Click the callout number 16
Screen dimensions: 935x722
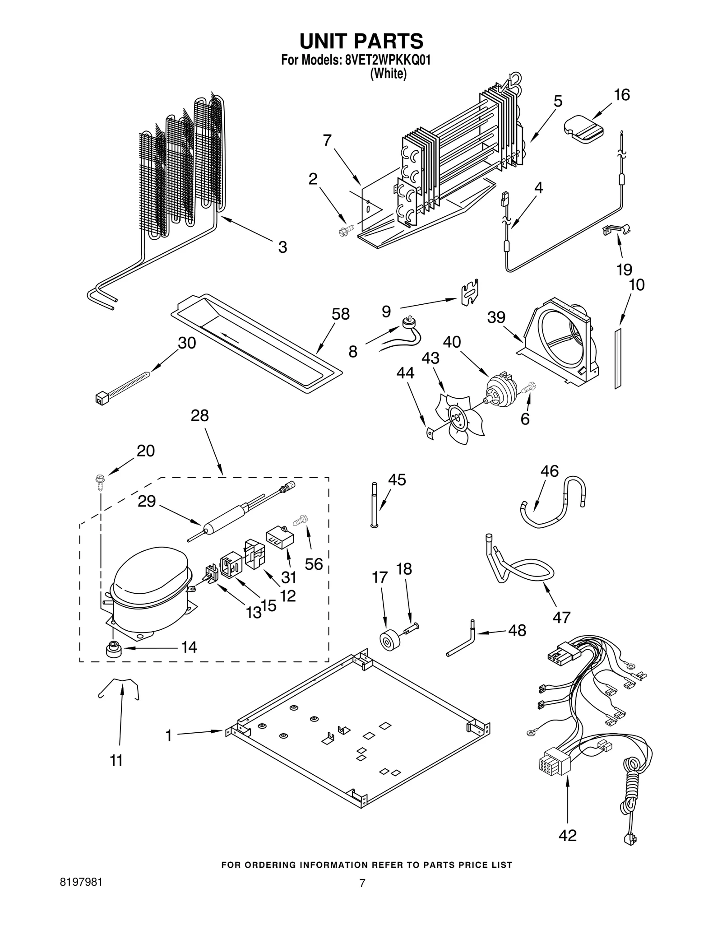(x=621, y=95)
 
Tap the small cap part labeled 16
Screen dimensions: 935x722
(x=583, y=130)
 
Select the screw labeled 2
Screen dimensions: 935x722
(x=344, y=232)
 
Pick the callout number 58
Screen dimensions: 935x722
(x=341, y=314)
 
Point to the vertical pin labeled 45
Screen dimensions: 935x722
(x=374, y=504)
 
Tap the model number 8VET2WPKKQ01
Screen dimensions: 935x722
(x=387, y=60)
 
